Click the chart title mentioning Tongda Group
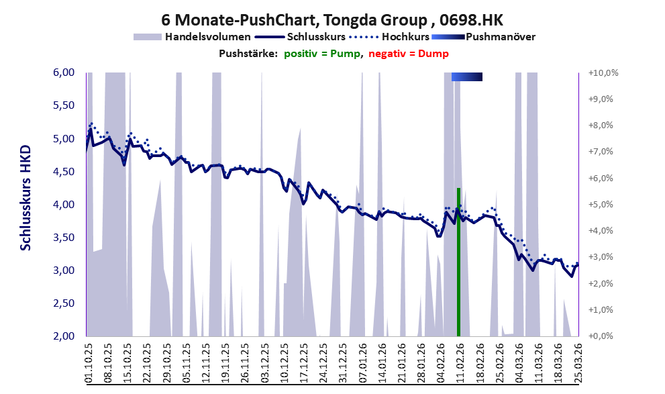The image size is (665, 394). (332, 19)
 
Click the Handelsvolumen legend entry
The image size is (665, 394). (192, 37)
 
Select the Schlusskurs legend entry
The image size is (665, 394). (300, 37)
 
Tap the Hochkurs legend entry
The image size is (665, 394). (389, 37)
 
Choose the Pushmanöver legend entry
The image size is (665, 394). (483, 37)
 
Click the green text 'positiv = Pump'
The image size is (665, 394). (322, 54)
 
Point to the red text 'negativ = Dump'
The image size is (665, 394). (409, 54)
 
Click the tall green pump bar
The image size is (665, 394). (458, 262)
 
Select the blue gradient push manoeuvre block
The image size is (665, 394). (467, 77)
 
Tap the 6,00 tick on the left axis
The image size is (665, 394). (64, 72)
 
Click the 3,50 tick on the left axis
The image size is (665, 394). (64, 238)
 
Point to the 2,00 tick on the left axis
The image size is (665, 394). (64, 336)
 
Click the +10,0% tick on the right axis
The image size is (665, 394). (603, 73)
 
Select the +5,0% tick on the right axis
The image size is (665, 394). (601, 205)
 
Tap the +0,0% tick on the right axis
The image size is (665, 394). (601, 336)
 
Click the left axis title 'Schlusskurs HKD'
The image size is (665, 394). (26, 197)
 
